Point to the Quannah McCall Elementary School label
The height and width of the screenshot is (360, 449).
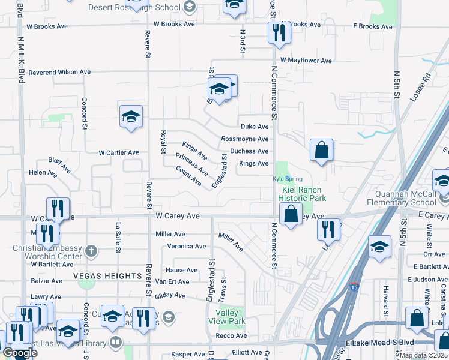tap(406, 198)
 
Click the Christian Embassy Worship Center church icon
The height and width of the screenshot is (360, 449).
tap(91, 250)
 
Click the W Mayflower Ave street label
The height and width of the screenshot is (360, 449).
tap(306, 61)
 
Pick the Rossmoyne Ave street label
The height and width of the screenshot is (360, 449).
tap(244, 139)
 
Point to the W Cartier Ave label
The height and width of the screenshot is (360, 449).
tap(119, 152)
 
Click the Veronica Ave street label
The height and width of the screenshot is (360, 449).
tap(186, 246)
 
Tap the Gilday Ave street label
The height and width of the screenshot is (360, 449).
tap(170, 295)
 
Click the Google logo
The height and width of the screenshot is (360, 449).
tap(20, 353)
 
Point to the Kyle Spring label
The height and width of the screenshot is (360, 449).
tap(288, 179)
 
